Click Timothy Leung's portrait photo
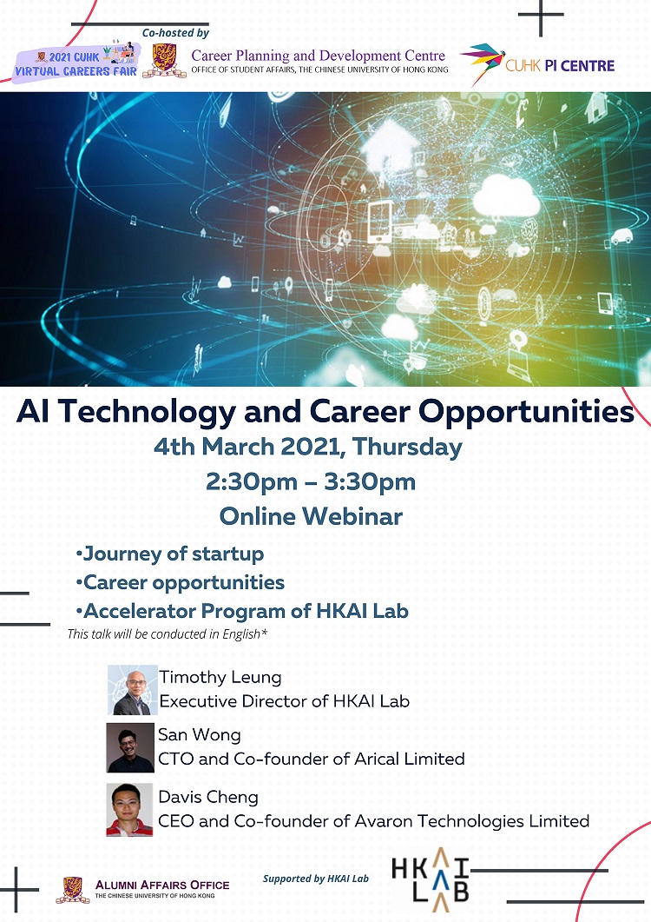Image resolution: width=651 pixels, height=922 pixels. [x=133, y=690]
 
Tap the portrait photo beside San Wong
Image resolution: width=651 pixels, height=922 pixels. [x=130, y=747]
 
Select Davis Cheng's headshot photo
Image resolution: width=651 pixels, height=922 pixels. [x=129, y=810]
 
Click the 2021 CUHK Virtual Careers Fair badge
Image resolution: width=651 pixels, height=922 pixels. [x=76, y=63]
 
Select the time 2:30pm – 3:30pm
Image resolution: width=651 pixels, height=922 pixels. [x=311, y=481]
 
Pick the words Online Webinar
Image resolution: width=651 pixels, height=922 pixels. [x=311, y=516]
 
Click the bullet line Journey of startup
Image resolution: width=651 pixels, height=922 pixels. [x=170, y=554]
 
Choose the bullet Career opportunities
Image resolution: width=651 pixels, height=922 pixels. [x=180, y=583]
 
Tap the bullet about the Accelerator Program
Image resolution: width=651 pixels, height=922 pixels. [x=242, y=611]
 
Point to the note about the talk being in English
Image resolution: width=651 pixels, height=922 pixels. [x=168, y=633]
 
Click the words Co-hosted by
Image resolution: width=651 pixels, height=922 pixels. [x=175, y=33]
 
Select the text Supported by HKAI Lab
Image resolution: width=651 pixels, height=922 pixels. [x=315, y=879]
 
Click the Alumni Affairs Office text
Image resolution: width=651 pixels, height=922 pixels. [x=162, y=885]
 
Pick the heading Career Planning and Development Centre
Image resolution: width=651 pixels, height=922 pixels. [x=319, y=56]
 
